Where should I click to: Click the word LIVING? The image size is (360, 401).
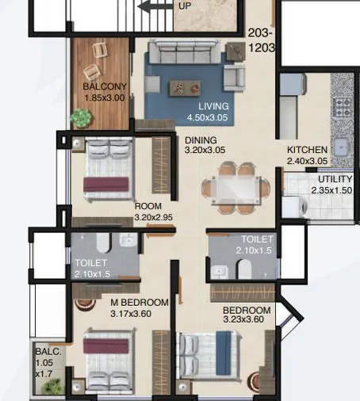213,106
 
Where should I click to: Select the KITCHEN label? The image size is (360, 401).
306,150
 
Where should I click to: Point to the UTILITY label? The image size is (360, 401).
335,180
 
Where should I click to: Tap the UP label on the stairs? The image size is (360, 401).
183,4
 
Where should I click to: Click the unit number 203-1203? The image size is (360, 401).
261,41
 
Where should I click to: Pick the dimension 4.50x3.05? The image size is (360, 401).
209,117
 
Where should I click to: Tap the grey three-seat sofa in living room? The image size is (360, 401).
184,55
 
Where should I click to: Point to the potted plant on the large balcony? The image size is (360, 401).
81,117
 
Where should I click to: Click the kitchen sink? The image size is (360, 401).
343,147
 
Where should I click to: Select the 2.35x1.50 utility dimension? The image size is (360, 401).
331,190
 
